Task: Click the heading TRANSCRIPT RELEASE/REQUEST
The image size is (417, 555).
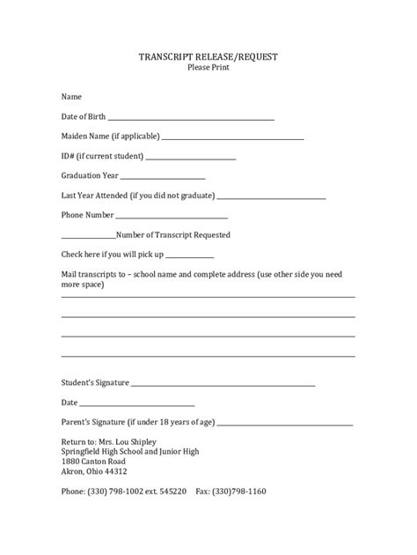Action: (x=208, y=57)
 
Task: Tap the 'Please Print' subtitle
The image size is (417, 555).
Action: (x=208, y=69)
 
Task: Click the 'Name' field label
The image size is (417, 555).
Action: (x=71, y=96)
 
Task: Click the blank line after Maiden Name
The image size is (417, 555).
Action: (x=233, y=139)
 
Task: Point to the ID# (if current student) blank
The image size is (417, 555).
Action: (x=191, y=159)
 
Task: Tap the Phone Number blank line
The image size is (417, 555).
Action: (x=172, y=217)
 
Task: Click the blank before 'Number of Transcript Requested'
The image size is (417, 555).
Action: (x=88, y=237)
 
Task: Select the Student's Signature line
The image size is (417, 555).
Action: (x=223, y=385)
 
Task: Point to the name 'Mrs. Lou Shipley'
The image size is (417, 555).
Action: (x=128, y=440)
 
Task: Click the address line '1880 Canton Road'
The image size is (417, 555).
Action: (x=93, y=461)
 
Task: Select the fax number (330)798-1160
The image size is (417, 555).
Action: (x=238, y=491)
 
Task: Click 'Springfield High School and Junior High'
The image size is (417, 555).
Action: (x=130, y=451)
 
